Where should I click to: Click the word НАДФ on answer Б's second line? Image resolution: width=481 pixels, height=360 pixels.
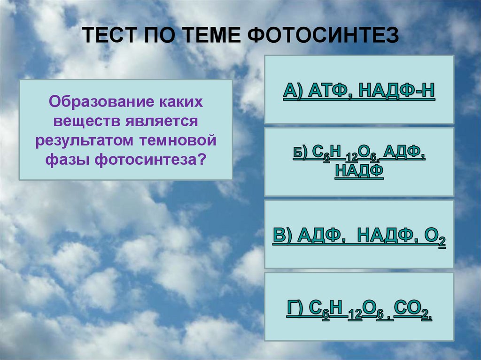[359, 171]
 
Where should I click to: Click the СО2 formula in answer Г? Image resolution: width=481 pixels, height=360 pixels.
[412, 311]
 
